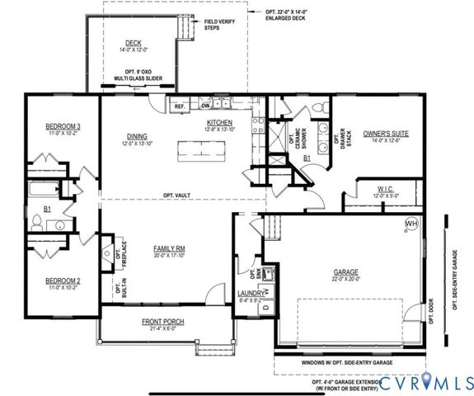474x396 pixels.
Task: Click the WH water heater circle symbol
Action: click(x=410, y=224)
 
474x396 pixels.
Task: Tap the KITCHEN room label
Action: click(x=220, y=124)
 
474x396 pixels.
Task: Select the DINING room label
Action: click(x=137, y=137)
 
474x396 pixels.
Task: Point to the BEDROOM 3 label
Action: click(x=62, y=126)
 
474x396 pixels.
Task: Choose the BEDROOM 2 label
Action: click(x=62, y=281)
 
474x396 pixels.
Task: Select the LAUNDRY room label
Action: click(x=251, y=293)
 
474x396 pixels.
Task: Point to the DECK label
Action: click(x=134, y=43)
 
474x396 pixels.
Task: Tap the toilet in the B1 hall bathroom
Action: click(x=38, y=224)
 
